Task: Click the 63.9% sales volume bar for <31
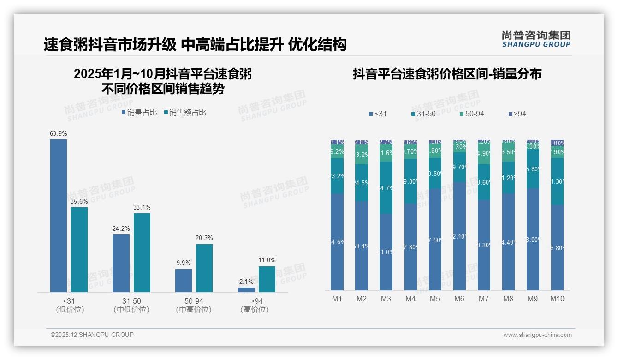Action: [59, 216]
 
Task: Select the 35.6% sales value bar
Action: [79, 250]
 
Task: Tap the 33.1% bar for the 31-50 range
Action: [142, 252]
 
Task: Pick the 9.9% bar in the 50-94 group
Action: [184, 281]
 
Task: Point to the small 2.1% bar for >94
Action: [246, 290]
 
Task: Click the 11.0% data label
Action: [267, 260]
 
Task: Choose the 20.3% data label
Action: [204, 238]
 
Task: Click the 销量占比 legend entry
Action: [139, 112]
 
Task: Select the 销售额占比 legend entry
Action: [184, 112]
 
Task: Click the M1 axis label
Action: [337, 299]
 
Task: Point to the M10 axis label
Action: [557, 299]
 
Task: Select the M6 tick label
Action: [459, 299]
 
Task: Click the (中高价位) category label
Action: [194, 310]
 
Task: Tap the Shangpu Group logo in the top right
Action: [536, 39]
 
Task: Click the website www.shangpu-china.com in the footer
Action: [537, 335]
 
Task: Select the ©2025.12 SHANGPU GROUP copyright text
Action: [92, 335]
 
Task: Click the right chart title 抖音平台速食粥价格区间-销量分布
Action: [447, 74]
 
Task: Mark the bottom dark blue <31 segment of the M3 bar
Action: [386, 252]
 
